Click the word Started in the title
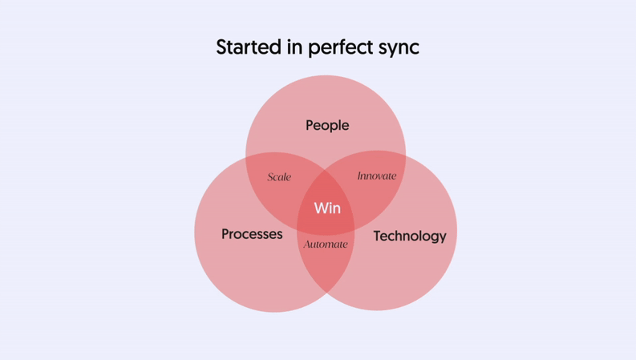249,47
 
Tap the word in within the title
295,47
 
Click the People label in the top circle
327,126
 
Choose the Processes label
252,234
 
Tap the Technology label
410,237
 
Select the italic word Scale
279,176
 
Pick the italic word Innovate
377,176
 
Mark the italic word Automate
326,244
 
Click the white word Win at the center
327,208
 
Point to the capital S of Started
222,47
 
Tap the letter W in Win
322,208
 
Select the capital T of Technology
378,236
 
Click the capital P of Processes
225,234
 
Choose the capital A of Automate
307,244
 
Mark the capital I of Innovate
360,176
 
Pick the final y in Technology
443,238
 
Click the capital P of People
310,125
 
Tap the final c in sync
415,50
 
